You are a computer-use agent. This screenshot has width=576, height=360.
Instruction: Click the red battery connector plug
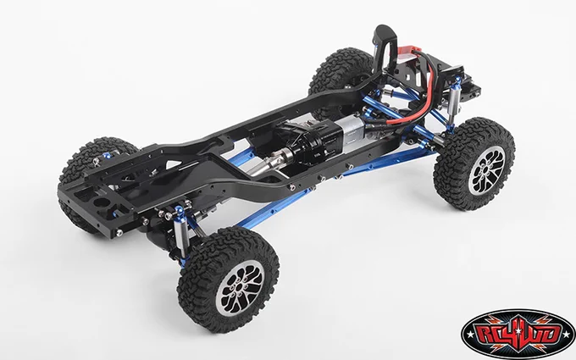click(407, 53)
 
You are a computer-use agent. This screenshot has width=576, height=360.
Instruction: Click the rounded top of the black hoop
click(385, 30)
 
